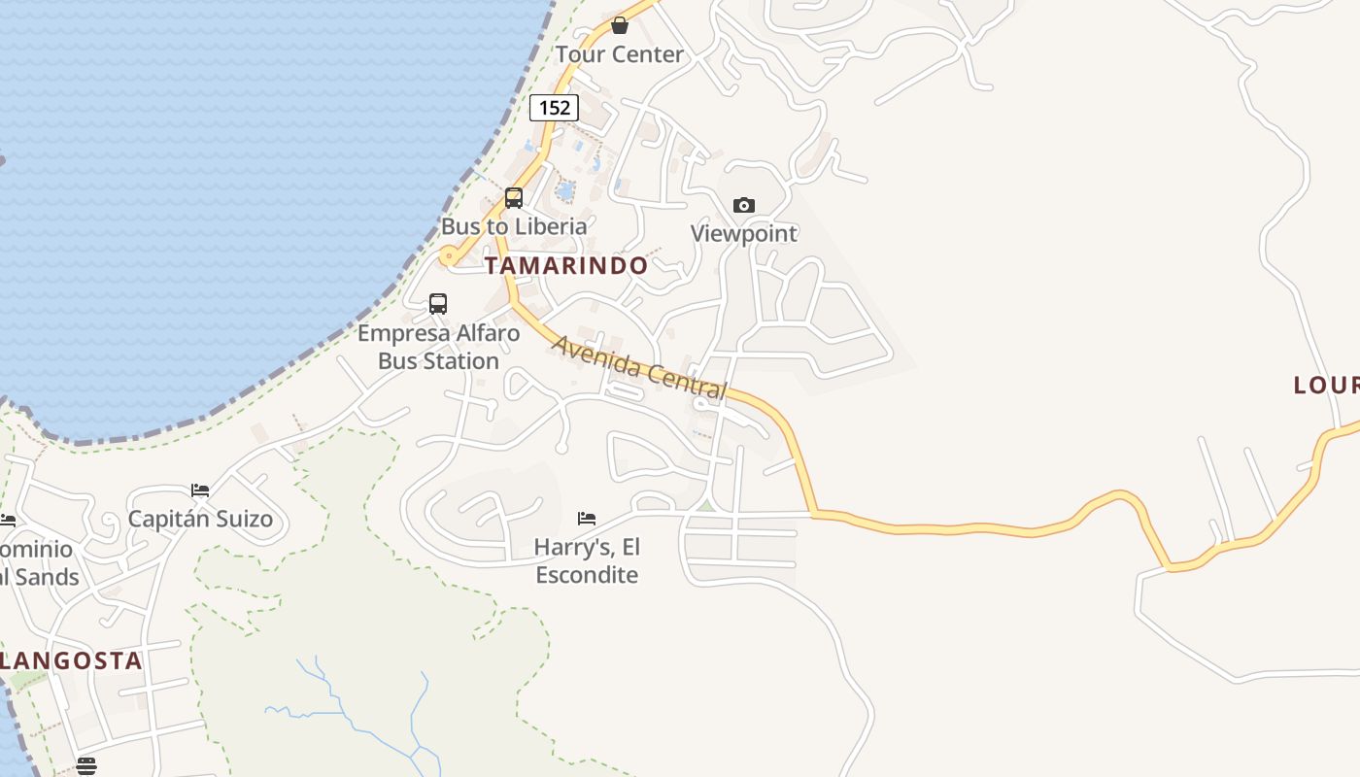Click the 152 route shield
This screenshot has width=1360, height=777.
pos(554,107)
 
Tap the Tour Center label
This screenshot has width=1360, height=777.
pos(620,54)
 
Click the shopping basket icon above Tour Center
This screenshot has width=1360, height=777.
pos(620,25)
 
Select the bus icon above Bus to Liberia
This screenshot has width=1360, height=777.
pos(514,198)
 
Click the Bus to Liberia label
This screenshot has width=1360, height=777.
pos(514,226)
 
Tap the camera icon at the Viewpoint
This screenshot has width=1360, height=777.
pos(744,205)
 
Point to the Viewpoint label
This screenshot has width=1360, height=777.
pos(744,233)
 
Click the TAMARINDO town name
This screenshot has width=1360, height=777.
pos(566,265)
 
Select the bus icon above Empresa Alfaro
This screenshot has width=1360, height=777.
pos(438,304)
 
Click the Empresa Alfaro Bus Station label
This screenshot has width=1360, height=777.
pos(438,347)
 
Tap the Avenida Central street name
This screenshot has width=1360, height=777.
pos(639,367)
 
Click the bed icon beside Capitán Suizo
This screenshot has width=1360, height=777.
pos(200,490)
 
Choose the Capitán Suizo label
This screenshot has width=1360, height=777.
pos(201,518)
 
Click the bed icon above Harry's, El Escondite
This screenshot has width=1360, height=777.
pos(587,519)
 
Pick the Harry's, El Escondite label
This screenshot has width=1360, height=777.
pos(587,560)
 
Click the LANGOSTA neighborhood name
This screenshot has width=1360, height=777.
pos(71,661)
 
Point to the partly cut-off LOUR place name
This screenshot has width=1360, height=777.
pos(1326,386)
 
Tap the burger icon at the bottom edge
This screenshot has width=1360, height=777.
pos(86,766)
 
